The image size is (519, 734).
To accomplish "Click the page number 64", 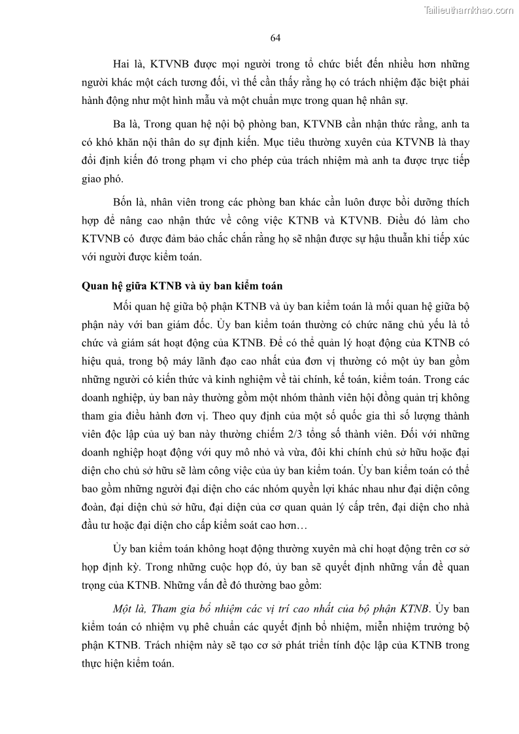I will point(275,38).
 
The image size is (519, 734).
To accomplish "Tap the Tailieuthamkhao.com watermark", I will point(469,9).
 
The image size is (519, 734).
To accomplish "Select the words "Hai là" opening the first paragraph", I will point(126,64).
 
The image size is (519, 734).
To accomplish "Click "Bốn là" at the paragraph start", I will point(127,201).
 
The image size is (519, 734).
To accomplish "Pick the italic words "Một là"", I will point(129,609).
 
